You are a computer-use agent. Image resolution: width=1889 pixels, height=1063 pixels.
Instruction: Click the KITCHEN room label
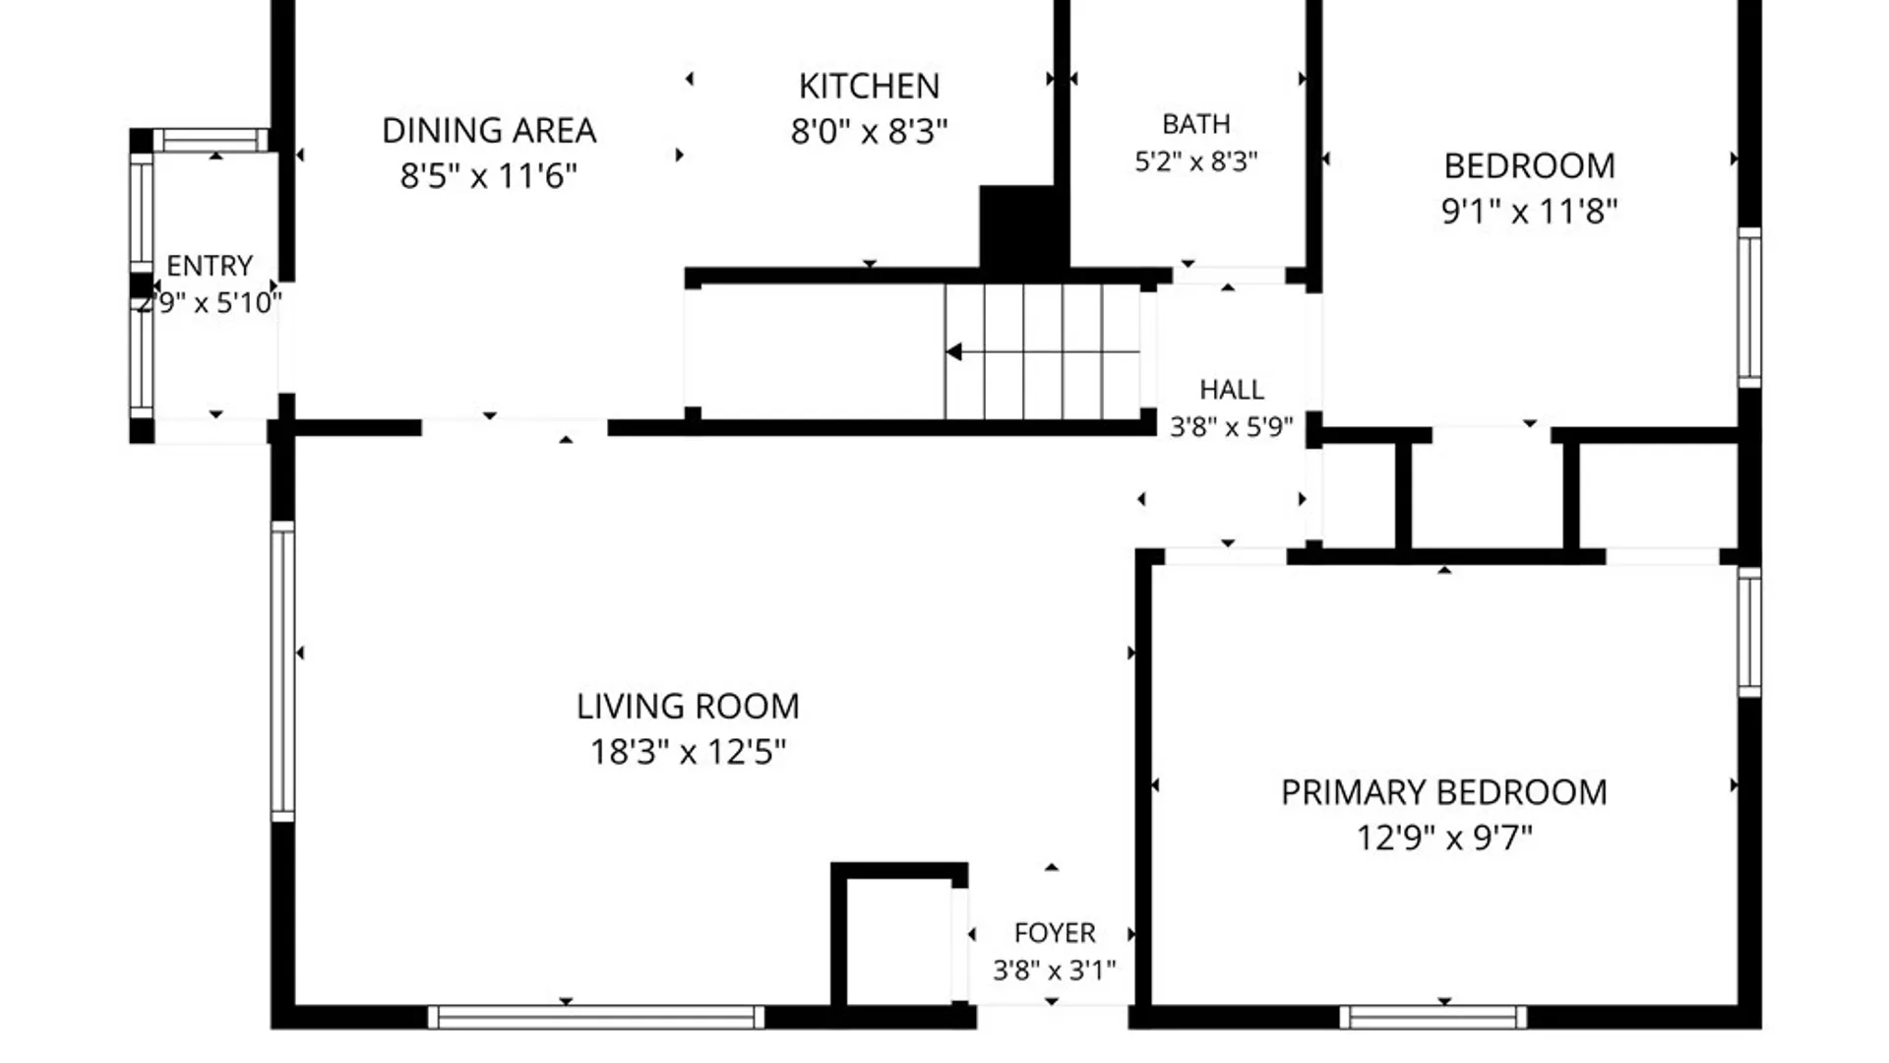point(869,87)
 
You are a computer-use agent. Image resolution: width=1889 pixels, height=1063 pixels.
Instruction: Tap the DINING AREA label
point(489,130)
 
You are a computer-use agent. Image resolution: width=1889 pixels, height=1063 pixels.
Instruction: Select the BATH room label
point(1196,124)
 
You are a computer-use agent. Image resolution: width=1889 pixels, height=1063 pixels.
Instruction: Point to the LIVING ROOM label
point(688,706)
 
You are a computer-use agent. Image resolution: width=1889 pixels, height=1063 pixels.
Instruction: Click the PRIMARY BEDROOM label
point(1444,792)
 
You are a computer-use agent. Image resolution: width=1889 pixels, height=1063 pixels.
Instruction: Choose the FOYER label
point(1055,933)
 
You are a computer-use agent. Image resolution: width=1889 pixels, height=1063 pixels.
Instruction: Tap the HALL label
point(1232,390)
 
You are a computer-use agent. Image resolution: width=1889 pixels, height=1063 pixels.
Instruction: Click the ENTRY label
point(210,266)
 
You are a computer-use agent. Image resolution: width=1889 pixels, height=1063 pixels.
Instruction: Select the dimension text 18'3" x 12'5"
point(688,752)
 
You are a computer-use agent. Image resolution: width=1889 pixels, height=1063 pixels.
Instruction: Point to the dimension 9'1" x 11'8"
point(1530,211)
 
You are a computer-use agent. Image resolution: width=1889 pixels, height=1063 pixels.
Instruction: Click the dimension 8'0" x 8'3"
point(869,131)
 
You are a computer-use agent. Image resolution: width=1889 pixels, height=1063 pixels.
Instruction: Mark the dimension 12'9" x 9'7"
point(1444,838)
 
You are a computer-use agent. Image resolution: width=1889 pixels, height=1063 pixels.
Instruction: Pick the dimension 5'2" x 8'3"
point(1196,160)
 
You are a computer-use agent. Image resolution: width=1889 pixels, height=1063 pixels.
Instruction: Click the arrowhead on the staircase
point(953,351)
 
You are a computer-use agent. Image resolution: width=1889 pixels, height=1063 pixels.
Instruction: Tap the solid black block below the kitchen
point(1023,226)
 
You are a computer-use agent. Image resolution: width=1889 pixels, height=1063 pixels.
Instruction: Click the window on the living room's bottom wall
point(596,1017)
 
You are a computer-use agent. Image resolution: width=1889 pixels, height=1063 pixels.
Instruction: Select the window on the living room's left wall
point(282,671)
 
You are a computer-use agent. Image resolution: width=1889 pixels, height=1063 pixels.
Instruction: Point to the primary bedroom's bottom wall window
point(1433,1017)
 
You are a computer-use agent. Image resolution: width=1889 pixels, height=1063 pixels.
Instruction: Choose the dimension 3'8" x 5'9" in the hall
point(1232,427)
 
